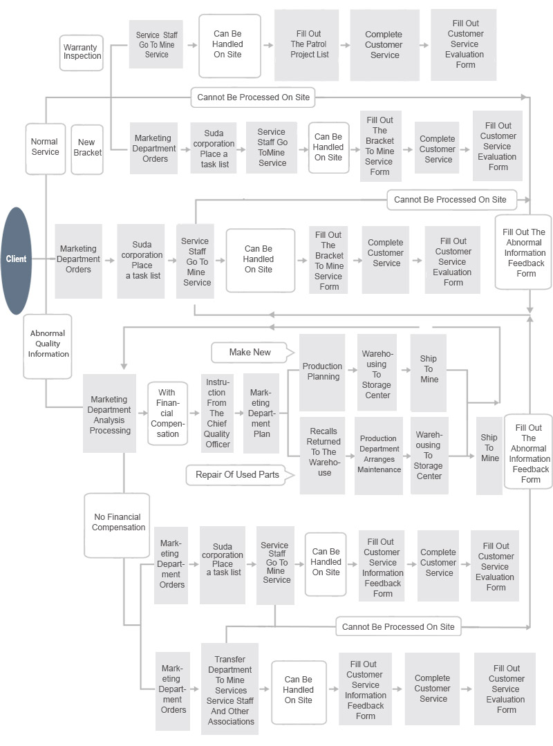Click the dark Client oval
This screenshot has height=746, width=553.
17,260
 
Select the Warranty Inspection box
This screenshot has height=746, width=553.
82,53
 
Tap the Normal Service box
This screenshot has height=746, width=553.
45,148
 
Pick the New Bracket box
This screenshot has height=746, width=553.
87,148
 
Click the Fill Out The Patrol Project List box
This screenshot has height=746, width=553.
309,45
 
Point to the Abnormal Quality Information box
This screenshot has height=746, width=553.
48,344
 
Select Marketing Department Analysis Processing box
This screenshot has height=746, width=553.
110,415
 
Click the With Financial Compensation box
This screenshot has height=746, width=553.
167,413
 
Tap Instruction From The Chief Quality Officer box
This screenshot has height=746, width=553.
217,413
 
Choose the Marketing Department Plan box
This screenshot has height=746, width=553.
261,413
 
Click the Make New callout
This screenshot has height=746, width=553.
250,353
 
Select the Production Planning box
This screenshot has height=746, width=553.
322,372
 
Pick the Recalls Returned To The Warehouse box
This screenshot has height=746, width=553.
323,452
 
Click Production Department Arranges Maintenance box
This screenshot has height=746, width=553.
379,455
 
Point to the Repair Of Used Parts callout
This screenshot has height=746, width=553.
237,475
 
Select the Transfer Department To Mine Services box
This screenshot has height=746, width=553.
230,689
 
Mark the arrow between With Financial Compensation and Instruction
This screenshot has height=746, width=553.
194,413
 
